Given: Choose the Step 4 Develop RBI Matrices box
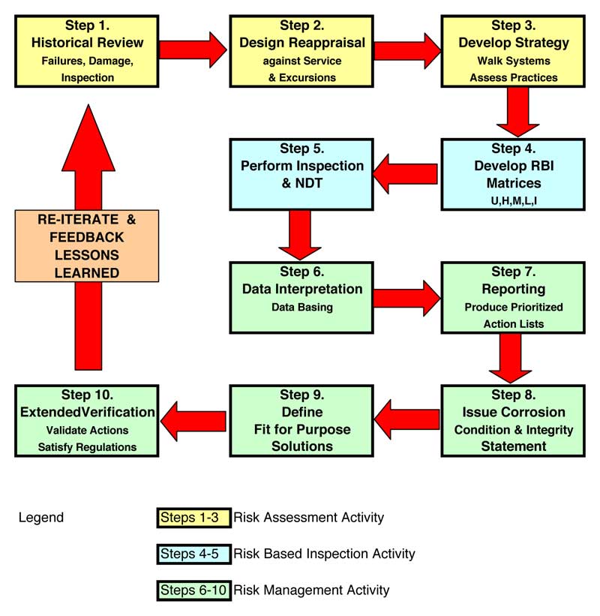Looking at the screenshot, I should coord(513,174).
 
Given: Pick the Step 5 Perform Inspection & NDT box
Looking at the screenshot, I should coord(302,174).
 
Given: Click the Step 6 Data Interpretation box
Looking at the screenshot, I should coord(302,296).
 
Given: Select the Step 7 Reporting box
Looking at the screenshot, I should coord(513,296).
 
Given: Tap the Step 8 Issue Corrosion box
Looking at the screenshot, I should coord(513,420).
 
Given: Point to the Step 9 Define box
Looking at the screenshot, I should coord(302,420).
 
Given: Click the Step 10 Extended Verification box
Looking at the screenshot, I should coord(87,420).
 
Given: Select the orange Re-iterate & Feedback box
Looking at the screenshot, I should coord(87,246).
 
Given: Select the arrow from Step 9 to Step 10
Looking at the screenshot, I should coord(193,420).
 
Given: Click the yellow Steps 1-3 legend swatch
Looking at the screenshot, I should coord(193,517).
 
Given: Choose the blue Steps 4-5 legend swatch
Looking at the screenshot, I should coord(193,554).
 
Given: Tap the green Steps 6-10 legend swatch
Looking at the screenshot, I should coord(193,590).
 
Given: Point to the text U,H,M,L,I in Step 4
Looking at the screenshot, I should coord(513,201).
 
